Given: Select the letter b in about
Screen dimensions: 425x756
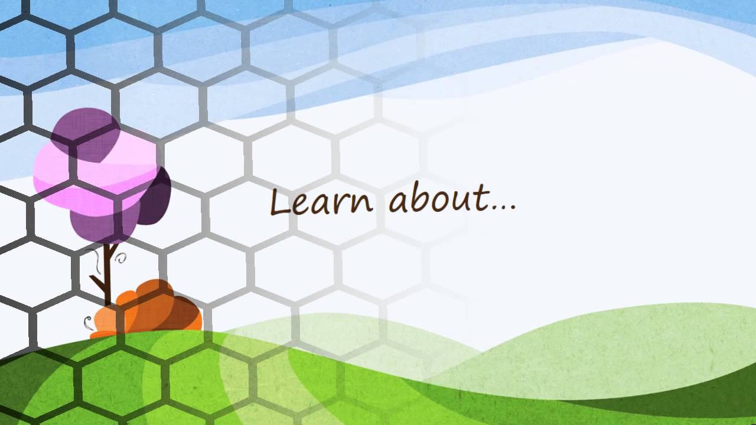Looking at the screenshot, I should [x=418, y=198].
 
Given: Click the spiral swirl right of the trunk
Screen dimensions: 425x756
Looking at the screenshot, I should [x=122, y=257].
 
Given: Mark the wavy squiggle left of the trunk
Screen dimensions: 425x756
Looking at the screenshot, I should [x=93, y=260].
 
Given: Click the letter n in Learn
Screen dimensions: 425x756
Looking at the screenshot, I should [x=362, y=204].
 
